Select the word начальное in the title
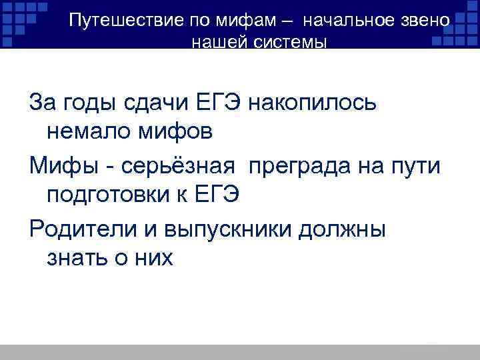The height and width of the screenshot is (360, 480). click(347, 20)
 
